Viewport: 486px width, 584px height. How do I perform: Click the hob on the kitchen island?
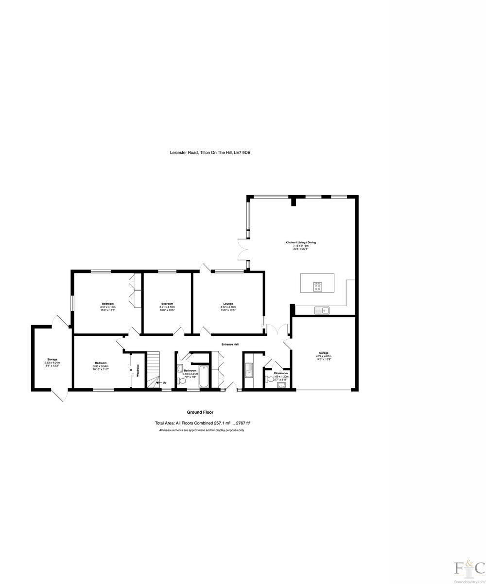(x=317, y=287)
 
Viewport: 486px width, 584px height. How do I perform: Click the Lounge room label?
(x=228, y=304)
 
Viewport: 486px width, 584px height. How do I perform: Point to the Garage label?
(x=324, y=353)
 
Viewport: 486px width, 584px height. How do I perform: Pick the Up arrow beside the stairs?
(x=161, y=383)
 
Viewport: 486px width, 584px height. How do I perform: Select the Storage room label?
(x=52, y=359)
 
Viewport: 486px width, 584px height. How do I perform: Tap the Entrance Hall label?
(x=230, y=345)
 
